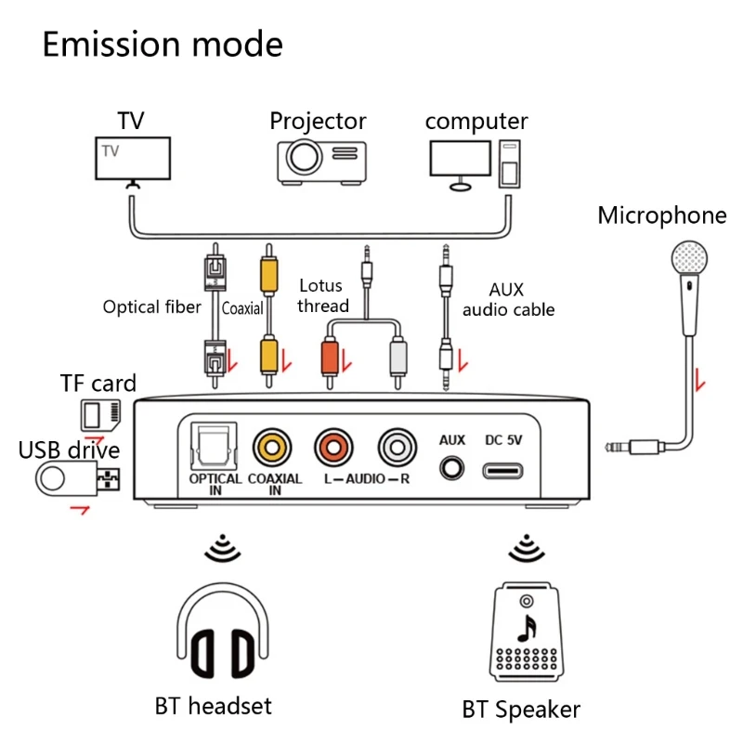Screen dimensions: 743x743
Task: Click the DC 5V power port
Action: coord(504,467)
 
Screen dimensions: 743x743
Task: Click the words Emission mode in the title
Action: coord(163,45)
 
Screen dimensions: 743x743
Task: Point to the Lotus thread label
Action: coord(320,295)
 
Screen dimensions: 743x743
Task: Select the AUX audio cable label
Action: coord(508,300)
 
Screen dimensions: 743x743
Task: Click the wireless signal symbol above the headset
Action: coord(222,549)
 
